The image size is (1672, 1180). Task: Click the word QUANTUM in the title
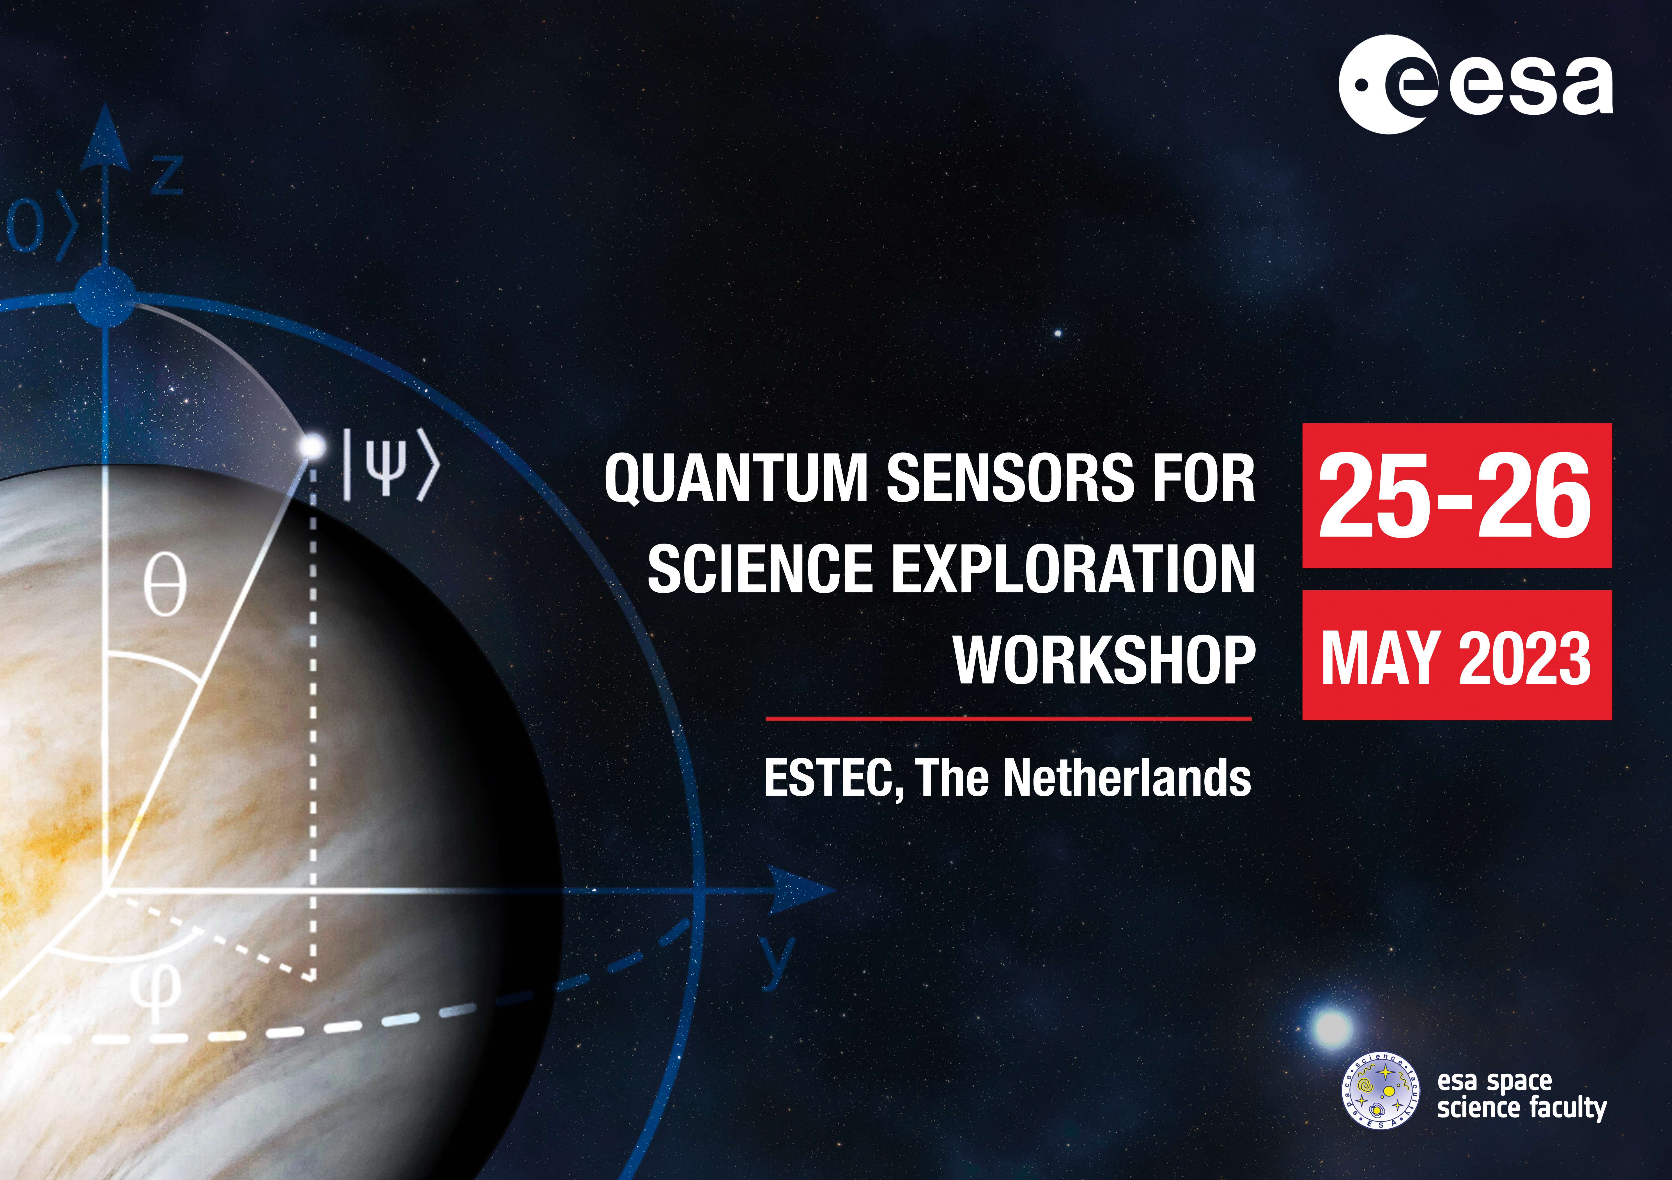(x=736, y=478)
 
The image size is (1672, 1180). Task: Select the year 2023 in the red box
(x=1525, y=658)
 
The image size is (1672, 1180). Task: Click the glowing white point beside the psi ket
(x=314, y=445)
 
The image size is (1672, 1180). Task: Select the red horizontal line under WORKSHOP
(x=1009, y=719)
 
